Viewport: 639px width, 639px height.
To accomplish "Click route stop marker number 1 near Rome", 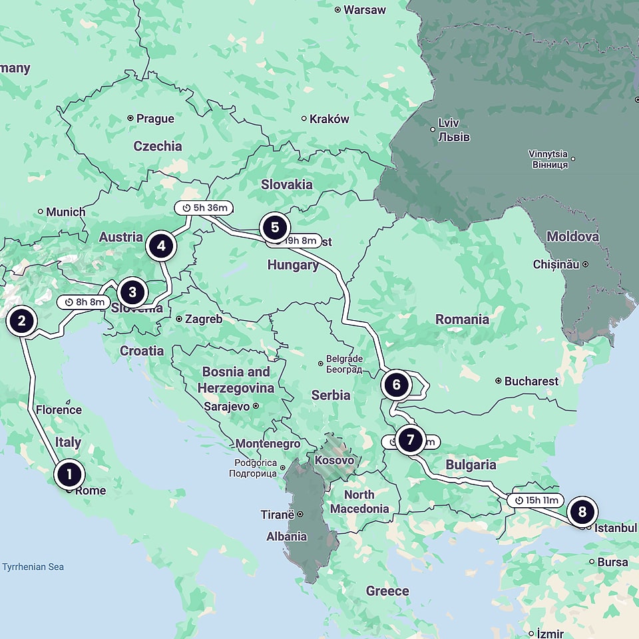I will click(x=69, y=475).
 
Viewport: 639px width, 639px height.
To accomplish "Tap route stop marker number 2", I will click(x=21, y=321).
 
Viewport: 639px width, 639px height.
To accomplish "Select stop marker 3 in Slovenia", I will click(x=132, y=292).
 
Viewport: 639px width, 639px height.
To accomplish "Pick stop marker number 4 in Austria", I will click(x=160, y=246).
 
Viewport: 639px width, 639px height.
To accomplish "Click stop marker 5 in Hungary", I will click(x=274, y=227).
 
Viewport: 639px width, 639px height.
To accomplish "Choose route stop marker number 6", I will click(x=396, y=384).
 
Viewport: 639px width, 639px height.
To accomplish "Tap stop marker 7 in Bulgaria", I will click(x=410, y=439).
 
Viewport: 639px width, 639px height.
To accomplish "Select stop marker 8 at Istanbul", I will click(x=582, y=511).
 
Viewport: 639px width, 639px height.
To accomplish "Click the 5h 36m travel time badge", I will click(x=205, y=208).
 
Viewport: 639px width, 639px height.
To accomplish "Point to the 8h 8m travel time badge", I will click(x=85, y=302).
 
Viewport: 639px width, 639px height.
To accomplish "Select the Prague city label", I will click(x=155, y=118).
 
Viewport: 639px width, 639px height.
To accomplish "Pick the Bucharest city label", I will click(x=531, y=381).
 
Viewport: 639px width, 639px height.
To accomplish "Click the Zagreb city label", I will click(x=203, y=319).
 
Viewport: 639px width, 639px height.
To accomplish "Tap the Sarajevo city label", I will click(x=227, y=406).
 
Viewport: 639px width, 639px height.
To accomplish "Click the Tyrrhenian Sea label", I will click(x=33, y=567).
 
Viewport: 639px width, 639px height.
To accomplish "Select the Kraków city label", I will click(x=329, y=119).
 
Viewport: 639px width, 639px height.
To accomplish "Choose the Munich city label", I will click(x=65, y=212).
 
